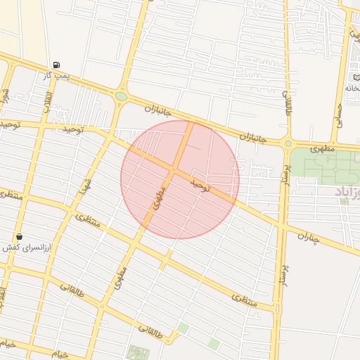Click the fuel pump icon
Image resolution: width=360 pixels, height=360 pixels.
tap(56, 65)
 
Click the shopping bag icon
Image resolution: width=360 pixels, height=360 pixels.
tap(19, 237)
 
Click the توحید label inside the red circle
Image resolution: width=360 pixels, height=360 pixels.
tap(201, 186)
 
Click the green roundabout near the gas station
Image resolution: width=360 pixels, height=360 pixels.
tap(121, 96)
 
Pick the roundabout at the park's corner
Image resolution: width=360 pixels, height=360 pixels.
tap(288, 144)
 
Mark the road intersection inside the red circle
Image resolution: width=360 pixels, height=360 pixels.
tap(174, 171)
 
